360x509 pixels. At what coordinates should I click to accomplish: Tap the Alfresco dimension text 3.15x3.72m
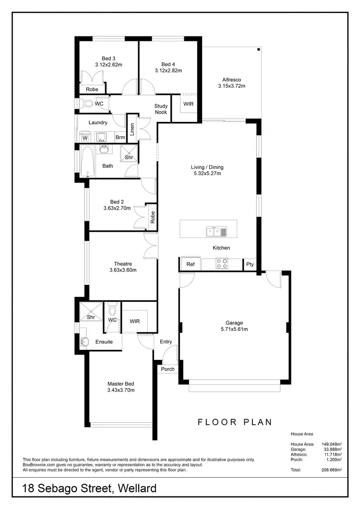tap(231, 86)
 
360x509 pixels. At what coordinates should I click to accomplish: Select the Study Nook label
tap(161, 109)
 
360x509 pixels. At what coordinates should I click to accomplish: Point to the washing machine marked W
tap(84, 138)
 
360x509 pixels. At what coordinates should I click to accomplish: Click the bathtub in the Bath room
tap(87, 162)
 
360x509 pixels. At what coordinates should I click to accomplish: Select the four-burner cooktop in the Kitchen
tap(222, 263)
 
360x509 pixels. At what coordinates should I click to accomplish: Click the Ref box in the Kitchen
tap(191, 264)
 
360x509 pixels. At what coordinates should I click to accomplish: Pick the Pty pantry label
tap(250, 264)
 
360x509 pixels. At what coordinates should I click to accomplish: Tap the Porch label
tap(168, 369)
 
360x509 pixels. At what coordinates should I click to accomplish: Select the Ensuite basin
tap(84, 342)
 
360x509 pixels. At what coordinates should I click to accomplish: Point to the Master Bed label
tap(120, 384)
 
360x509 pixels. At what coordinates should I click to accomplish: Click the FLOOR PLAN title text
tap(235, 422)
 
